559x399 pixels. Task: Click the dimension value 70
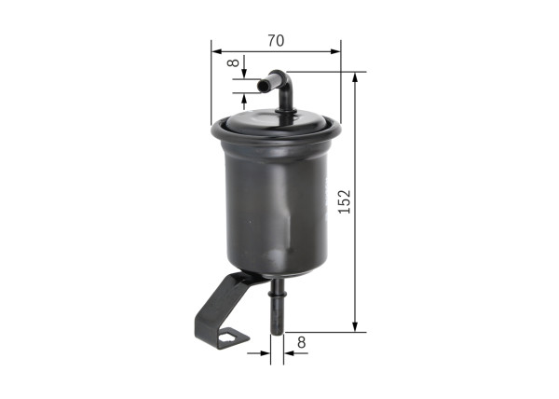pos(275,40)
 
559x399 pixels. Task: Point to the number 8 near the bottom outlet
pos(301,342)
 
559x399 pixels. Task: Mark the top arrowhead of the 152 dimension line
pos(355,77)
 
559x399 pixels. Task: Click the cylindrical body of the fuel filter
pos(276,210)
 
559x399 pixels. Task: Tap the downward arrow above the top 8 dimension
pos(245,73)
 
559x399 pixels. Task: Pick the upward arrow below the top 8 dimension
pos(245,100)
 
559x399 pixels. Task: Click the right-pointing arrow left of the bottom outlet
pos(264,353)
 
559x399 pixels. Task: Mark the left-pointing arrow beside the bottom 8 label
pos(288,353)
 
